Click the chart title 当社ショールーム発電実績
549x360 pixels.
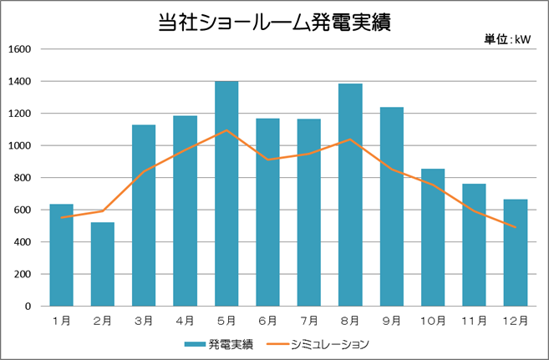pyautogui.click(x=274, y=23)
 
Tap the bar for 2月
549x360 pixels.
pyautogui.click(x=103, y=264)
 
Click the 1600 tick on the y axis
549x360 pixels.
pyautogui.click(x=19, y=49)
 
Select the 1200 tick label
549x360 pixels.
pyautogui.click(x=19, y=114)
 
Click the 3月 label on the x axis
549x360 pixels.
pyautogui.click(x=144, y=320)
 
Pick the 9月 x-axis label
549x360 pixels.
pyautogui.click(x=392, y=320)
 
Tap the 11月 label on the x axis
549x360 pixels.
pyautogui.click(x=474, y=320)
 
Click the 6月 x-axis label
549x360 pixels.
pyautogui.click(x=267, y=320)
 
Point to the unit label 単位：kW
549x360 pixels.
pyautogui.click(x=507, y=38)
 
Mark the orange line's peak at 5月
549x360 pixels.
pyautogui.click(x=226, y=130)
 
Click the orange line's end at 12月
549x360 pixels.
pyautogui.click(x=516, y=227)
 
